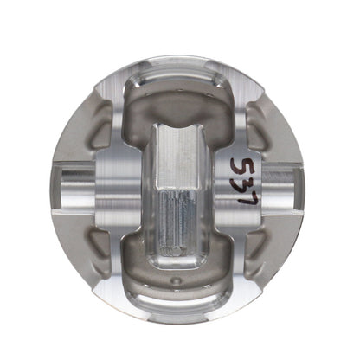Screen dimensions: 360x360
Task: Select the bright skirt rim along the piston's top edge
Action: (179, 61)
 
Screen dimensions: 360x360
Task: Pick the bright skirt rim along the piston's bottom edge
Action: (179, 303)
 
